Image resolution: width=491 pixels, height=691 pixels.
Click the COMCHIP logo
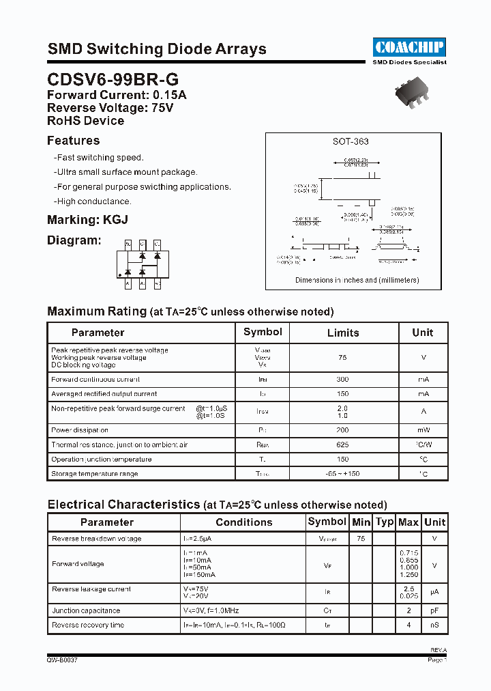click(409, 46)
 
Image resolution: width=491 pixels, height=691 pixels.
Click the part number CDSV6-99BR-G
click(113, 80)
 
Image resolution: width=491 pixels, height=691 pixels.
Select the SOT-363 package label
click(351, 141)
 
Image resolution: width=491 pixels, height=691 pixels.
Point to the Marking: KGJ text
click(87, 220)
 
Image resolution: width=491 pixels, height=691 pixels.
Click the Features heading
click(73, 141)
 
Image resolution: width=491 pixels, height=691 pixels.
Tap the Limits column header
click(342, 333)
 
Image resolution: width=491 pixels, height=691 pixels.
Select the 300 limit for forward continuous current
click(342, 380)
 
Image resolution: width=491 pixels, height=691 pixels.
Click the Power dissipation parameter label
click(80, 430)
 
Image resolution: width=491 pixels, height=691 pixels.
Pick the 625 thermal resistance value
click(342, 445)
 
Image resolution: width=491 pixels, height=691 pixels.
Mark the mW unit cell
click(423, 430)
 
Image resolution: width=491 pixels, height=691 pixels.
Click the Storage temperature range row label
click(95, 474)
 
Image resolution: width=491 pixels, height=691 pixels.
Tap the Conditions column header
click(243, 522)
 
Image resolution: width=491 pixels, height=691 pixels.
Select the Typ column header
click(385, 522)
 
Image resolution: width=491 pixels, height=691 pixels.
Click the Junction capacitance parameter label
click(86, 610)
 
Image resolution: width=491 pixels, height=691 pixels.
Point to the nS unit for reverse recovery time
click(434, 625)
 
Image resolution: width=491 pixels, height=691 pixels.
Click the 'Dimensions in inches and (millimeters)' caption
click(357, 280)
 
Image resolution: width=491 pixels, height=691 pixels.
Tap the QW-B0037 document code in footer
click(62, 661)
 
